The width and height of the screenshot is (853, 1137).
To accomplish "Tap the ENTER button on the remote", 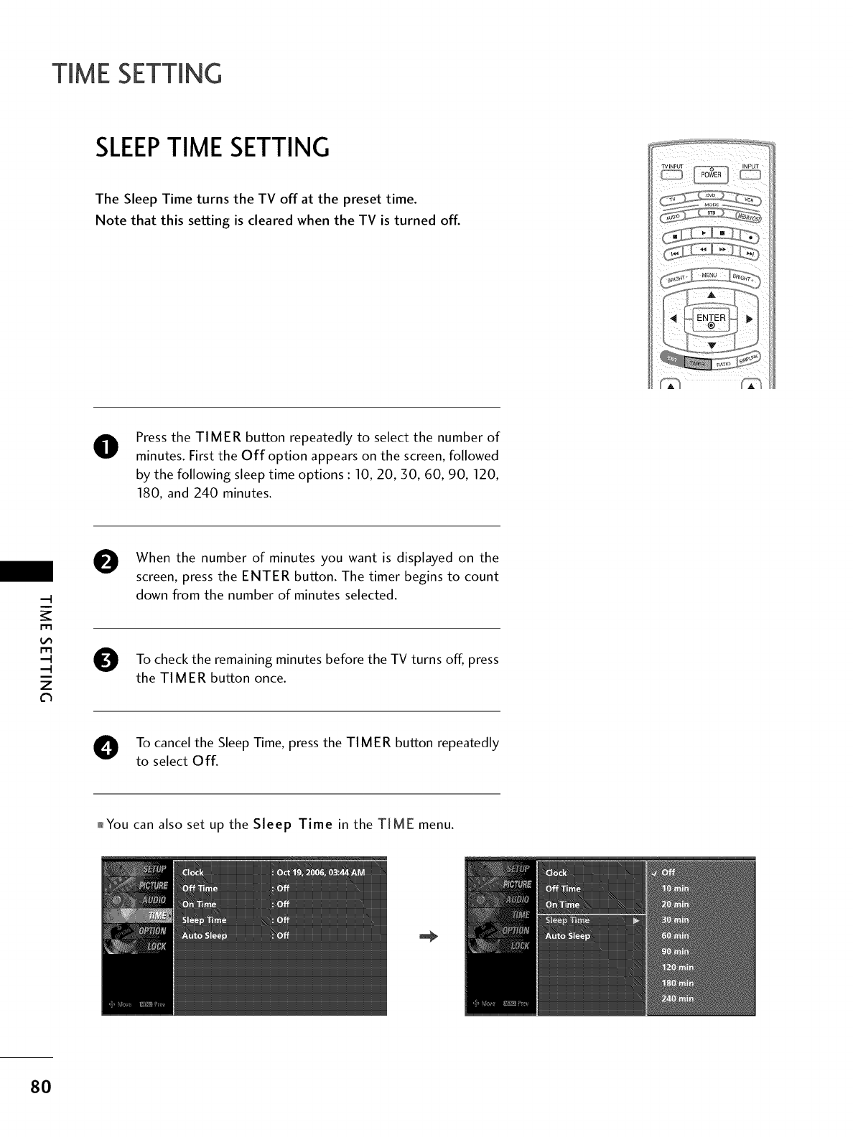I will pos(711,320).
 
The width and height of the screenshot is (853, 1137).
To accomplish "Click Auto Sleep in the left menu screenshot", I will pos(205,935).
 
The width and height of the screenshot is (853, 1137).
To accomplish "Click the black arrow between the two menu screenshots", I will pos(429,936).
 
